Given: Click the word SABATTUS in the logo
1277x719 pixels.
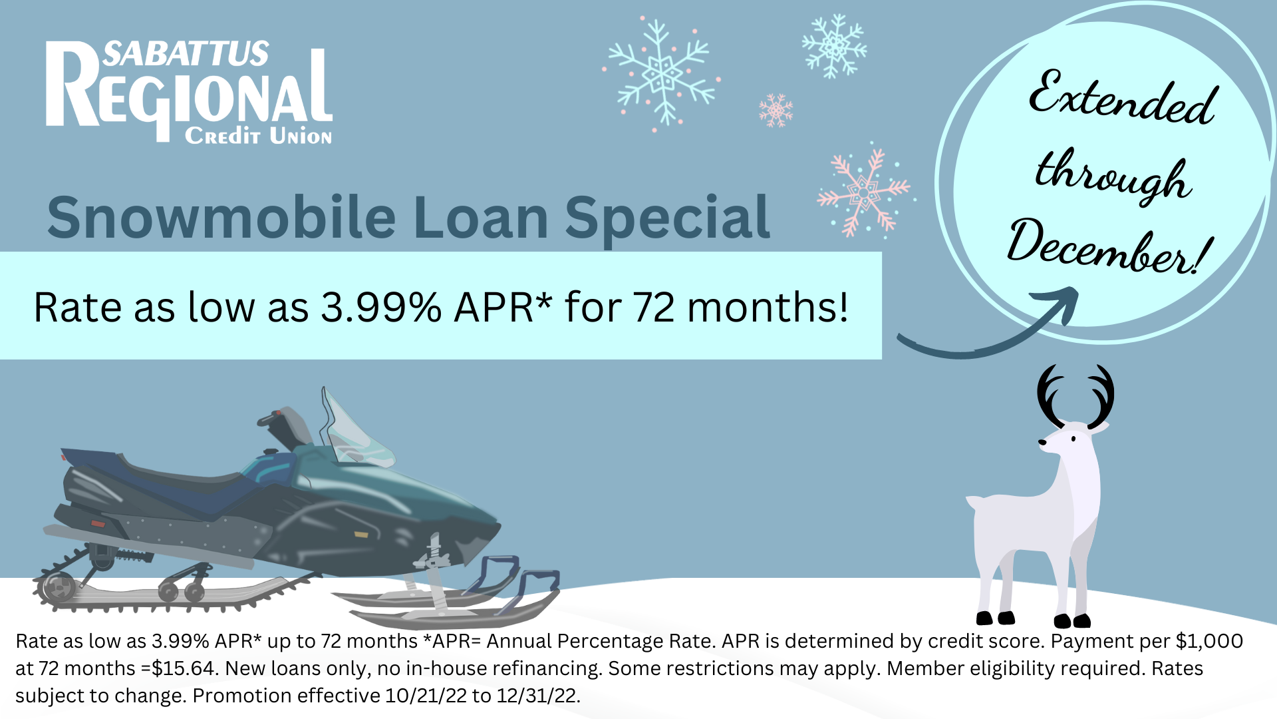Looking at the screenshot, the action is pos(186,53).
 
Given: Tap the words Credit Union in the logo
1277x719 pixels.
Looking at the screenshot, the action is pos(258,136).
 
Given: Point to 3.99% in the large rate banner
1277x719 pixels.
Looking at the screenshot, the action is pos(381,308).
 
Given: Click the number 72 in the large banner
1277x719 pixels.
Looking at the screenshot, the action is pos(654,308).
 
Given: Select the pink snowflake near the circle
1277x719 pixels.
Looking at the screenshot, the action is pos(863,192).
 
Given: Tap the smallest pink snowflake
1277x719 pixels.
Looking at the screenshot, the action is pos(776,111).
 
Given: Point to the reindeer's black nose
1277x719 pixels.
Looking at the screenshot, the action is pos(1042,442).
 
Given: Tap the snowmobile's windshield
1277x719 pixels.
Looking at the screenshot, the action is pos(354,429).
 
